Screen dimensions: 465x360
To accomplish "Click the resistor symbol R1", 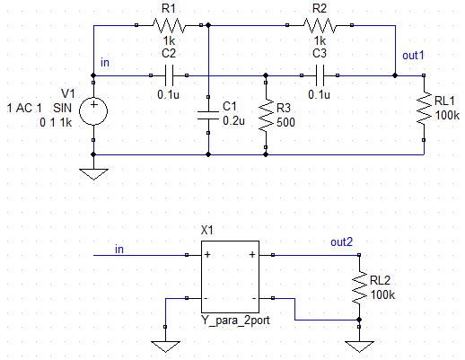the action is pos(169,25).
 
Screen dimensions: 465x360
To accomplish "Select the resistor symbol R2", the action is pos(320,25).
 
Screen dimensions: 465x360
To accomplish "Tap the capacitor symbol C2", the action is pos(169,75).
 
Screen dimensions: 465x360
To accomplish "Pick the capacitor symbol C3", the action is pos(320,75).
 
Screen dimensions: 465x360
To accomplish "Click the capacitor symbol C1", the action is pos(208,115).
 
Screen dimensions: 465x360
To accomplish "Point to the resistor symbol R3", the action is pos(266,115).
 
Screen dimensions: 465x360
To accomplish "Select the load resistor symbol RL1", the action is pos(424,108).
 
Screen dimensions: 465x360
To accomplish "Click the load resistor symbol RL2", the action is pos(359,287).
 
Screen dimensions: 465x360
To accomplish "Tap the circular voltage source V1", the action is pos(93,111).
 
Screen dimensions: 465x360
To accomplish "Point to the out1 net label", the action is pos(413,56).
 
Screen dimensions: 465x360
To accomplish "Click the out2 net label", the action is pos(341,241).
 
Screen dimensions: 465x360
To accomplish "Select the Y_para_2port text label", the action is pos(235,320).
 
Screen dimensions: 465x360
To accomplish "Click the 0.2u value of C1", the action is pos(233,121).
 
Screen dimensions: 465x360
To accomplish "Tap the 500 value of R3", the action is pos(285,122).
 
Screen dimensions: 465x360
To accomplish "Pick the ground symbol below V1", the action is pos(93,174).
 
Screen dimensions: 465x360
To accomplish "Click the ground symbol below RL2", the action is pos(359,347).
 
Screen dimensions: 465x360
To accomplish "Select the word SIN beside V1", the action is pos(63,108).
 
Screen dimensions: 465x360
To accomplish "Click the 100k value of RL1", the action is pos(447,115).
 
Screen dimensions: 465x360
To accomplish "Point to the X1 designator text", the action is pos(207,230).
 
